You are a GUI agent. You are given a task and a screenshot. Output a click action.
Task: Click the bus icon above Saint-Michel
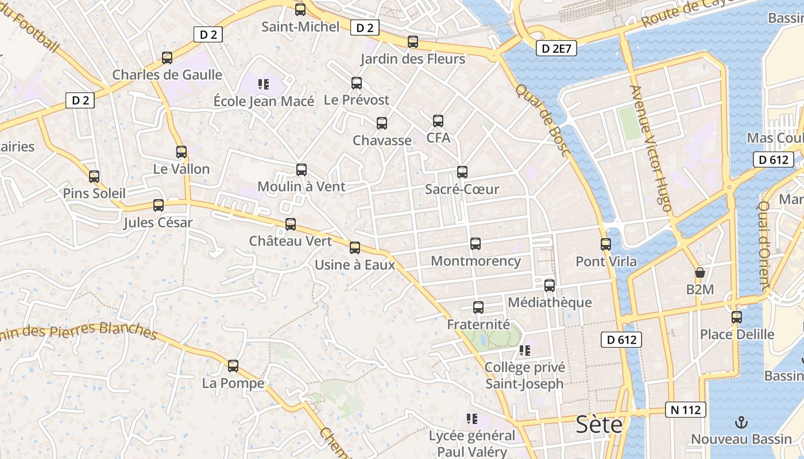click(x=300, y=10)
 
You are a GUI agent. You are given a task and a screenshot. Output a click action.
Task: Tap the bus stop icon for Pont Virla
click(x=606, y=244)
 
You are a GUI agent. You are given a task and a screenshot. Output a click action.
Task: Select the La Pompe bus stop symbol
click(x=233, y=366)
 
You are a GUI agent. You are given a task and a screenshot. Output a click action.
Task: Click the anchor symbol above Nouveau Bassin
click(x=741, y=423)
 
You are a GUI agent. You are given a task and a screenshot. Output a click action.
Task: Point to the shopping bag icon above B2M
click(x=699, y=273)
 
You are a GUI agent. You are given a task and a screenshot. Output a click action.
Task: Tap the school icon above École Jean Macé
click(x=264, y=85)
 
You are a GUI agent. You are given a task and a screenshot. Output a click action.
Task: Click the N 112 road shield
click(x=686, y=410)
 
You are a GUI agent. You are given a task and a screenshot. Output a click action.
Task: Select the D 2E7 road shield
click(x=556, y=49)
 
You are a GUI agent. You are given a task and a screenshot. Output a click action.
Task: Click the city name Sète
click(x=599, y=425)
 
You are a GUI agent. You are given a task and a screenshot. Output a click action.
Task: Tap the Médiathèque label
click(x=550, y=302)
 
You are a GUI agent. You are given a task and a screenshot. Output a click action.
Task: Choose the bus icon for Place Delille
click(x=737, y=317)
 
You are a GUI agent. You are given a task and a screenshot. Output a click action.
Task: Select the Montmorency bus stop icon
click(x=476, y=244)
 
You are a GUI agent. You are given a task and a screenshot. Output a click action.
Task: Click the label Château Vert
click(x=291, y=241)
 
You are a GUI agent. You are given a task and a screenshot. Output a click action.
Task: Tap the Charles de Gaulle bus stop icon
click(x=167, y=58)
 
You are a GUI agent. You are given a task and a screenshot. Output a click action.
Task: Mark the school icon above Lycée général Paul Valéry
click(x=472, y=419)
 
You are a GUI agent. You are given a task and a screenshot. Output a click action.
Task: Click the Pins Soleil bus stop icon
click(x=94, y=177)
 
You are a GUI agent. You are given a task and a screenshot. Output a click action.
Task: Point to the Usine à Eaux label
click(x=355, y=264)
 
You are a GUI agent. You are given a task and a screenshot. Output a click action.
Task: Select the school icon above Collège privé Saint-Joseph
click(x=524, y=350)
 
